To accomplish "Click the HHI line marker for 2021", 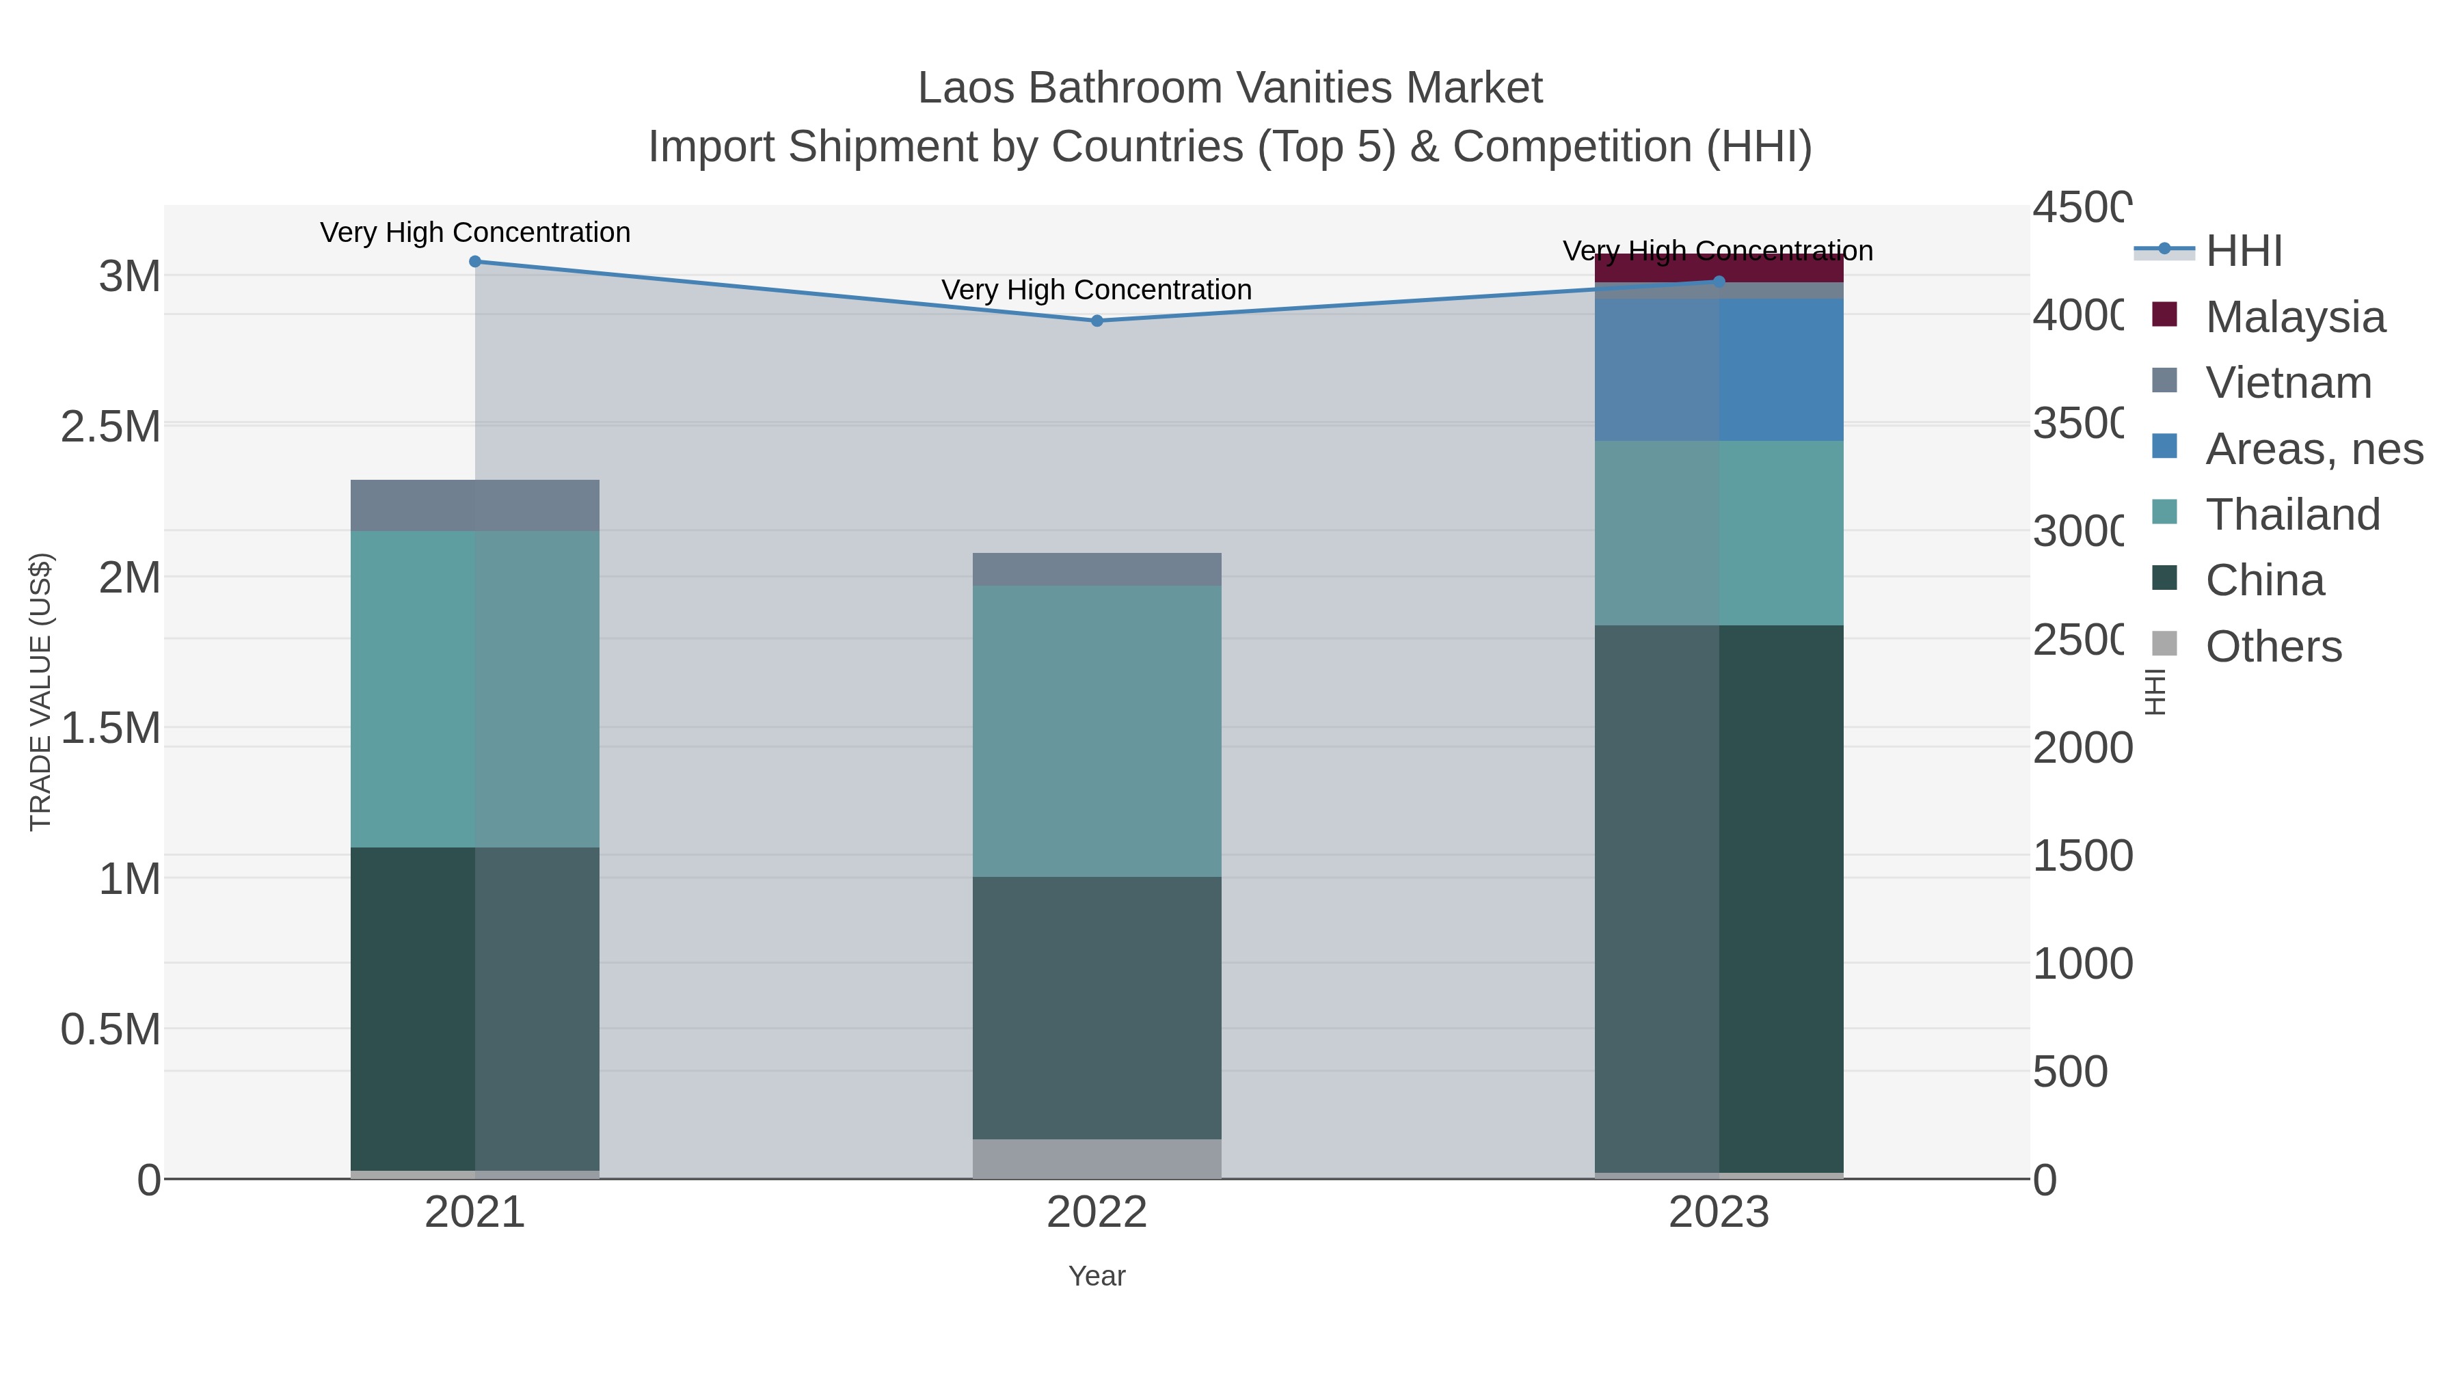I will [475, 262].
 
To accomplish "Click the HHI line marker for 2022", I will [1097, 321].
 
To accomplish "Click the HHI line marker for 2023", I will [1719, 282].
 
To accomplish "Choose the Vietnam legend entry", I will [2287, 382].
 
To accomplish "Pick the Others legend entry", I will [2273, 646].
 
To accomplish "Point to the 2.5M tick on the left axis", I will [111, 426].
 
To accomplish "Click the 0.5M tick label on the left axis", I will [111, 1030].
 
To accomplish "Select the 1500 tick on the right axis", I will [2082, 856].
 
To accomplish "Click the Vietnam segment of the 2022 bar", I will [1097, 569].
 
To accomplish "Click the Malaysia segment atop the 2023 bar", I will [1719, 267].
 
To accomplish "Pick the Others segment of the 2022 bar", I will [1097, 1158].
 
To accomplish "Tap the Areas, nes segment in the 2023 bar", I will [1719, 370].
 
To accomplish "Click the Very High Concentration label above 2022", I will [1097, 289].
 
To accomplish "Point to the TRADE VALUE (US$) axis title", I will [40, 692].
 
